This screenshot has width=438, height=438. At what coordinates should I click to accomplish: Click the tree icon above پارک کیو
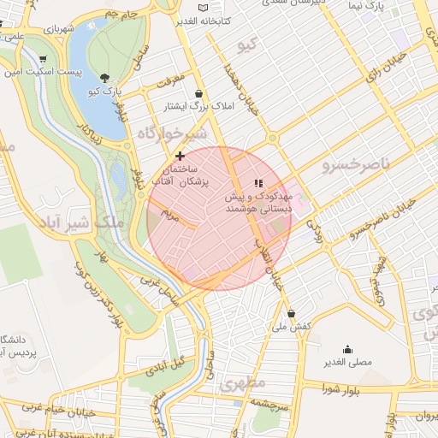click(x=104, y=77)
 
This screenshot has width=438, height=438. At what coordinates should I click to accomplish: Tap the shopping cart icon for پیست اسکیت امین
click(x=43, y=59)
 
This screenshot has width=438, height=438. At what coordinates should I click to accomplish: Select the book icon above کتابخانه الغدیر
click(x=202, y=7)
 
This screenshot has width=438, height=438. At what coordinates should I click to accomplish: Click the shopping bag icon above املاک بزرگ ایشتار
click(x=199, y=94)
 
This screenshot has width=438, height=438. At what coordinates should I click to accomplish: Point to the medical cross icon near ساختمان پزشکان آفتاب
click(x=180, y=156)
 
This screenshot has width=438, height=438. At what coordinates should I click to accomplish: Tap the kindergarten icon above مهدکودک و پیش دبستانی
click(x=258, y=183)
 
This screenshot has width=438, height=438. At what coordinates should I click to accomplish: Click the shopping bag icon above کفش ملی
click(x=292, y=313)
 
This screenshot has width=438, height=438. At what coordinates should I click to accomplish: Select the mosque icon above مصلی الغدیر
click(x=347, y=349)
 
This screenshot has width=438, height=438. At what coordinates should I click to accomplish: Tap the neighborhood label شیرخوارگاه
click(x=171, y=134)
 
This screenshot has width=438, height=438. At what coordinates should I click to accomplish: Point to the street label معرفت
click(x=171, y=81)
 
